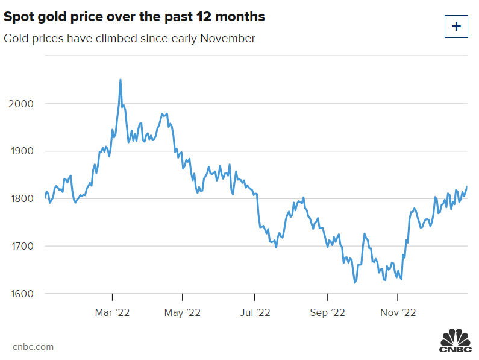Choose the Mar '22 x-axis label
click(x=112, y=312)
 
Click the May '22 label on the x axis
click(x=183, y=312)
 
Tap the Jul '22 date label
click(x=255, y=312)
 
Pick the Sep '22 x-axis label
click(x=327, y=312)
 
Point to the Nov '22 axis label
click(x=398, y=312)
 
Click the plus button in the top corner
click(x=456, y=27)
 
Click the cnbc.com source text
click(x=33, y=347)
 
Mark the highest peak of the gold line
click(x=121, y=80)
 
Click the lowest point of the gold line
click(x=355, y=282)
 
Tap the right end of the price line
click(x=468, y=187)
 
